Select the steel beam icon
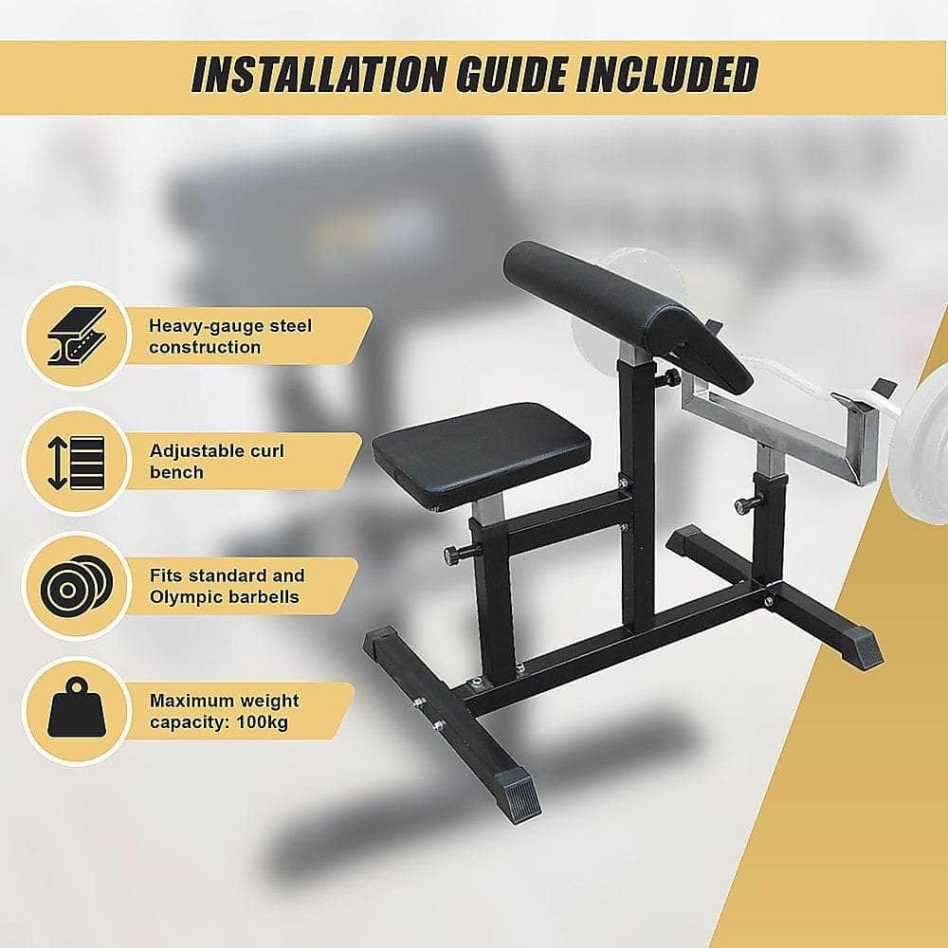pyautogui.click(x=77, y=336)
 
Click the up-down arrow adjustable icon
pyautogui.click(x=76, y=461)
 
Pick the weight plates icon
pyautogui.click(x=76, y=586)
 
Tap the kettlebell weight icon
pyautogui.click(x=75, y=711)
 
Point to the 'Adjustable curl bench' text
pyautogui.click(x=216, y=461)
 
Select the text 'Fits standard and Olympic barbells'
pyautogui.click(x=227, y=586)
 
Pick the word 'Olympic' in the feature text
pyautogui.click(x=183, y=597)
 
